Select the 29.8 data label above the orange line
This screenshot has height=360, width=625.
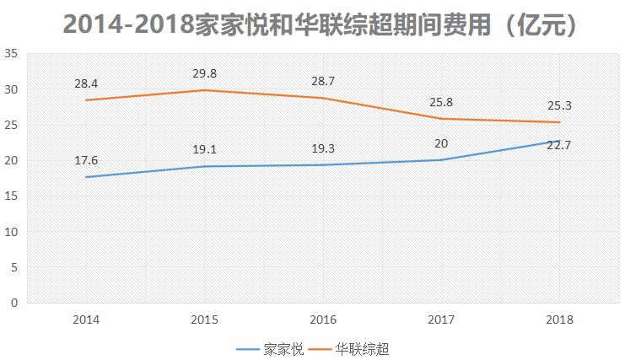[205, 73]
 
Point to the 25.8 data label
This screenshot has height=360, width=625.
[442, 101]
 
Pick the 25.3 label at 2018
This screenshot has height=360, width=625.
[560, 105]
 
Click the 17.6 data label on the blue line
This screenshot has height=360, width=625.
[86, 160]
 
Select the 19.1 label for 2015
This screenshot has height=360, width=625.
[205, 149]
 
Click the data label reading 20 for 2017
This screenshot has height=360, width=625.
[442, 143]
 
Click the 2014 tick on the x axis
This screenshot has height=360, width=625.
[86, 320]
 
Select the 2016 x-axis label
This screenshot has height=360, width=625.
[324, 320]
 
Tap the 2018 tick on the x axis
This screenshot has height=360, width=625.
[560, 320]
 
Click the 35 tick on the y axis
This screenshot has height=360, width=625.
[12, 53]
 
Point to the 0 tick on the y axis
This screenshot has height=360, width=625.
[14, 303]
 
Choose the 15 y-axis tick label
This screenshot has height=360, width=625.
[12, 196]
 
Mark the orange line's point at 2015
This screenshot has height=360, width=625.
[205, 90]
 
